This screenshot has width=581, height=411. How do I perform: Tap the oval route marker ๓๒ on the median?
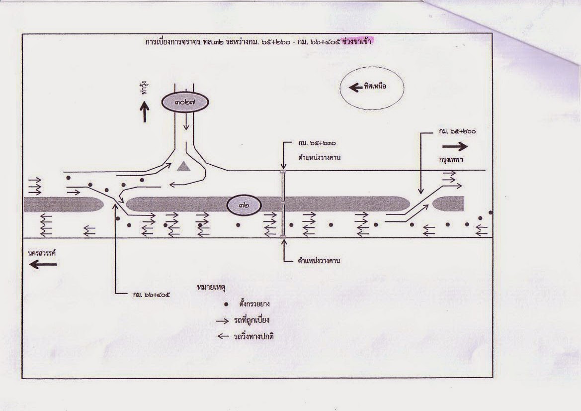(x=244, y=204)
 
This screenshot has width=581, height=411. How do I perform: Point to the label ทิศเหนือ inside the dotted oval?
(x=375, y=87)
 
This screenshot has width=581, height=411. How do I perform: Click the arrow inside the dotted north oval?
(x=355, y=87)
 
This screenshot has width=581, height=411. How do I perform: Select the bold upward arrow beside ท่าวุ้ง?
(x=145, y=111)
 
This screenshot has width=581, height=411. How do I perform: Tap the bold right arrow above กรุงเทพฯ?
(x=455, y=146)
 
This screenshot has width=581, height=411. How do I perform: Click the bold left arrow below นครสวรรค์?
(x=43, y=264)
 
